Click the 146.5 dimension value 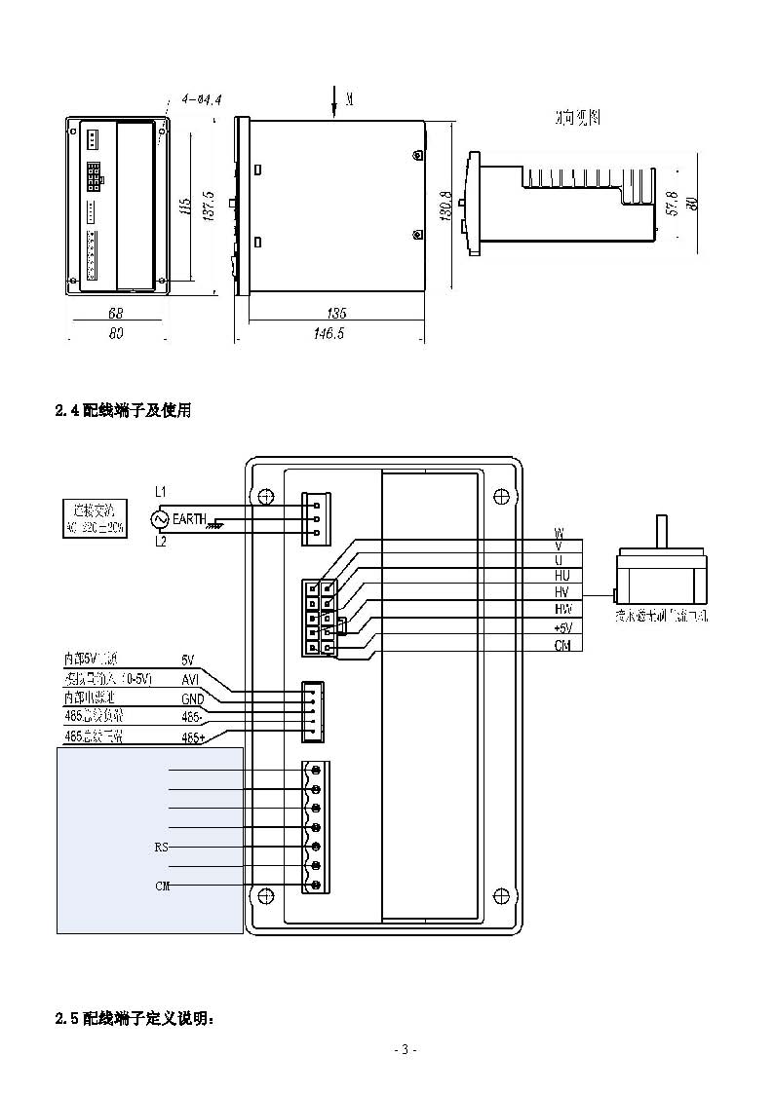pos(336,333)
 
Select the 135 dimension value pos(336,314)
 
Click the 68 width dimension pos(116,314)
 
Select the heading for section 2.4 pos(123,411)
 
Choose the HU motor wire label pos(561,576)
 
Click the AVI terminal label pos(191,678)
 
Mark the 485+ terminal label pos(193,737)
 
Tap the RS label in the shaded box pos(162,847)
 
